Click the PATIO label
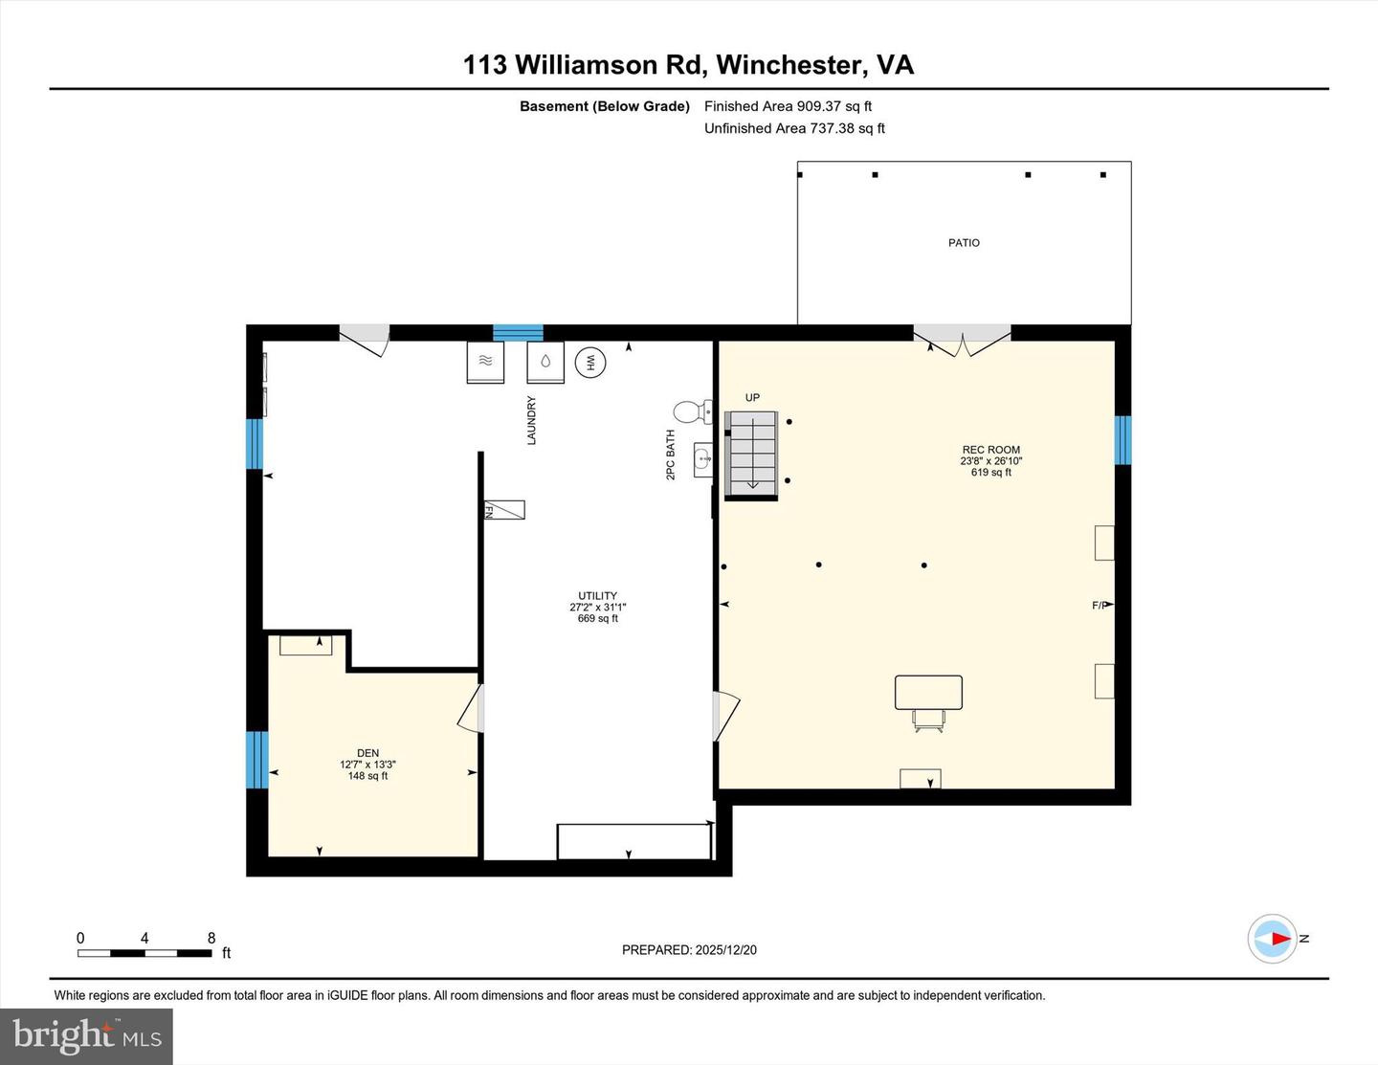(x=964, y=243)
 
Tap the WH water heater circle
(x=590, y=363)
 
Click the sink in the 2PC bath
(x=702, y=459)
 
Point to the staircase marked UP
(x=752, y=453)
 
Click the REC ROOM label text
(x=990, y=450)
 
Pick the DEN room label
(x=367, y=753)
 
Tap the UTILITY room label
(x=597, y=596)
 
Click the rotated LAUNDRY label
(x=532, y=420)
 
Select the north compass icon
(x=1273, y=939)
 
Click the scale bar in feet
(x=144, y=953)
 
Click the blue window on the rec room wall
(x=1122, y=440)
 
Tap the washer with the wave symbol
(x=485, y=362)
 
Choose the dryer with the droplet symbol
(x=545, y=362)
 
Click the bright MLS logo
(x=87, y=1036)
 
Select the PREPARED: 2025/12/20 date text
(x=689, y=950)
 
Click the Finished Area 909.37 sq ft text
(x=788, y=106)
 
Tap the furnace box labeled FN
(x=504, y=510)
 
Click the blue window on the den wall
(x=257, y=760)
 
